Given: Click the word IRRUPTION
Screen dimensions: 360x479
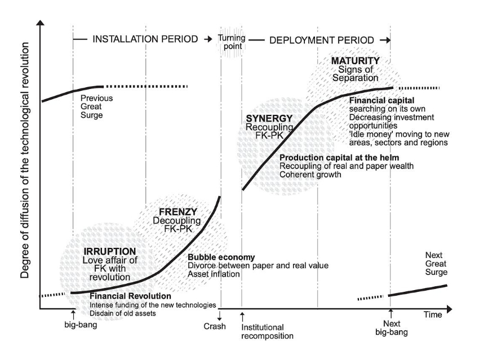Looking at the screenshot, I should (x=109, y=251).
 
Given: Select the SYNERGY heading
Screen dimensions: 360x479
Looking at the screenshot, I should (x=269, y=118).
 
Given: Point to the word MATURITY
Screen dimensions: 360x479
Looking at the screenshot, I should (x=355, y=60).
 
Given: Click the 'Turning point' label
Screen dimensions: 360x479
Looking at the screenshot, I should (x=230, y=41).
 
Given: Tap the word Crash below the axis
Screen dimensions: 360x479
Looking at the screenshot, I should (x=215, y=326).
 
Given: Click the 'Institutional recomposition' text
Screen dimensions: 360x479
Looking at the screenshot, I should (x=267, y=331).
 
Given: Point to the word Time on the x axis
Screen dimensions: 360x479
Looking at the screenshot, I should (x=433, y=315).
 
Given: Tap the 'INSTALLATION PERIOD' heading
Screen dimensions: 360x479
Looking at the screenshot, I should (x=145, y=40).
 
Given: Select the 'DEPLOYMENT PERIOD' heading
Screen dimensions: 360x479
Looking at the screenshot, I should (x=322, y=40).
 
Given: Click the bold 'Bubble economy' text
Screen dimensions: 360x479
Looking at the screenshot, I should (x=221, y=257).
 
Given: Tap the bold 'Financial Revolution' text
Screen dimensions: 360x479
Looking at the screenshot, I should (x=130, y=296).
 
